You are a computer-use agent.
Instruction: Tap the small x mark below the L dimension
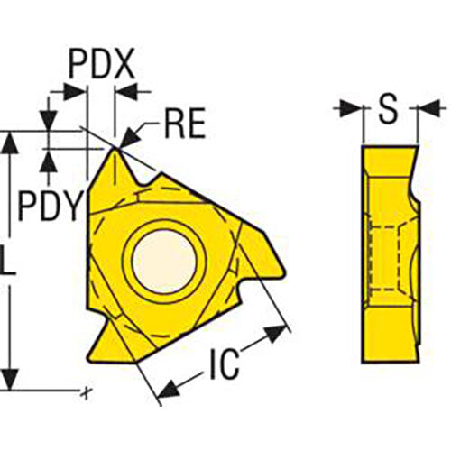pos(84,392)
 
